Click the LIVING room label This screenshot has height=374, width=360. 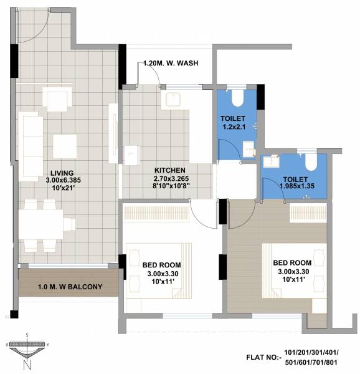pyautogui.click(x=64, y=173)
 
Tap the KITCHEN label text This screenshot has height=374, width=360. pyautogui.click(x=169, y=170)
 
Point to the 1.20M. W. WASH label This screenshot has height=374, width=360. pyautogui.click(x=171, y=64)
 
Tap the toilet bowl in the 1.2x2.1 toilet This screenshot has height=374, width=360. pyautogui.click(x=237, y=98)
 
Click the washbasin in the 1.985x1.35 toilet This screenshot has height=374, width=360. pyautogui.click(x=272, y=161)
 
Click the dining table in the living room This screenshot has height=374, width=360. pyautogui.click(x=41, y=223)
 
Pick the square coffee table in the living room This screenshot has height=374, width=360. pyautogui.click(x=65, y=146)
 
